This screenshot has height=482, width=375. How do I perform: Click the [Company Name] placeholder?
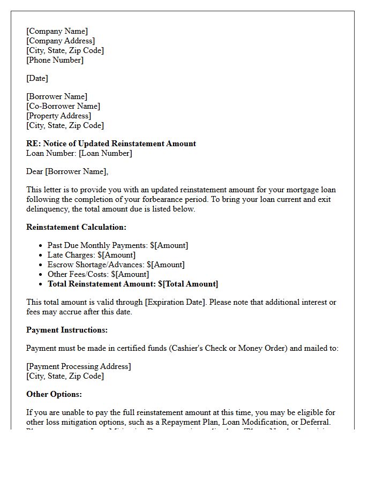coord(57,31)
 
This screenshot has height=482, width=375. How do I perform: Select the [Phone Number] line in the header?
coord(55,60)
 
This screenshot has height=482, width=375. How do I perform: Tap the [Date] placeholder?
coord(37,78)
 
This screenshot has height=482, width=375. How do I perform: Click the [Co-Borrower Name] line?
coord(63,106)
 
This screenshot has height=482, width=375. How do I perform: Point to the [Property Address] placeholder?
coord(59,116)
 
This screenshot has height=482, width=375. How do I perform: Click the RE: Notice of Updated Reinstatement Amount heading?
coord(111,144)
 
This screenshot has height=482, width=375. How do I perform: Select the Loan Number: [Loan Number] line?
coord(79,153)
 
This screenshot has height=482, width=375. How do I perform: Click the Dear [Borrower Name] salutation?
coord(67,171)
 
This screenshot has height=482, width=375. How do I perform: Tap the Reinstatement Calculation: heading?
coord(76,227)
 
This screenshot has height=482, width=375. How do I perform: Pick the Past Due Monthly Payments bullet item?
coord(118,245)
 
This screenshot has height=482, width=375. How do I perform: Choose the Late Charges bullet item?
coord(91,255)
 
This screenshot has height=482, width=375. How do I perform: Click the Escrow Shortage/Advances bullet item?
coord(116,265)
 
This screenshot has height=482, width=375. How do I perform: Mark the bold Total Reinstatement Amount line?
coord(133,284)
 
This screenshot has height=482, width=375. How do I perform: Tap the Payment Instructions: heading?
coord(67,330)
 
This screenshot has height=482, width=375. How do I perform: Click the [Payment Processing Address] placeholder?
coord(78,366)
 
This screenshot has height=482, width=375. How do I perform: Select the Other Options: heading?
coord(54,394)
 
